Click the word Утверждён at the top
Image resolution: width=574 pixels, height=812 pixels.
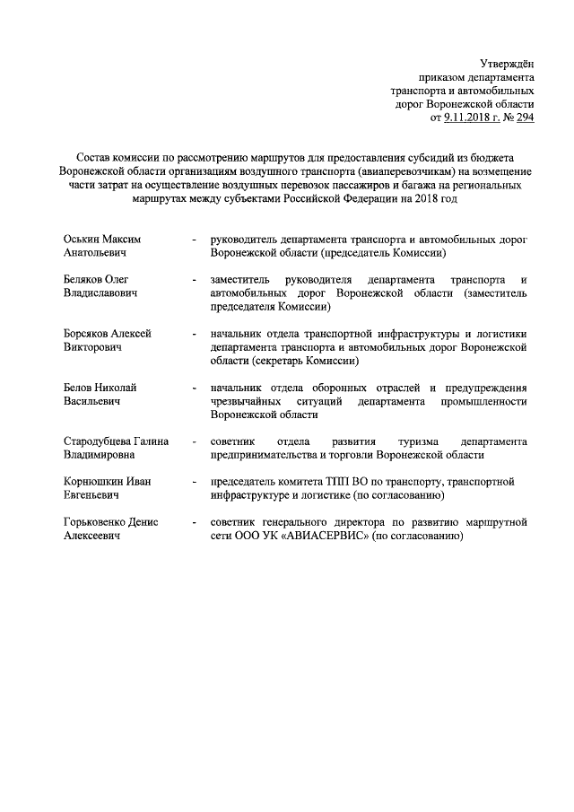508,63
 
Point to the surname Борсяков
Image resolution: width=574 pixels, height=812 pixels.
88,333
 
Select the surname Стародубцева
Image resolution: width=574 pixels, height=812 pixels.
97,441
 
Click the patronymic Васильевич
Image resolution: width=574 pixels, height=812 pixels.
91,401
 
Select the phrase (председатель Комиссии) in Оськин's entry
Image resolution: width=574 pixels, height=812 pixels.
396,253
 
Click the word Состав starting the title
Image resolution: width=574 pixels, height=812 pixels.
95,156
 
